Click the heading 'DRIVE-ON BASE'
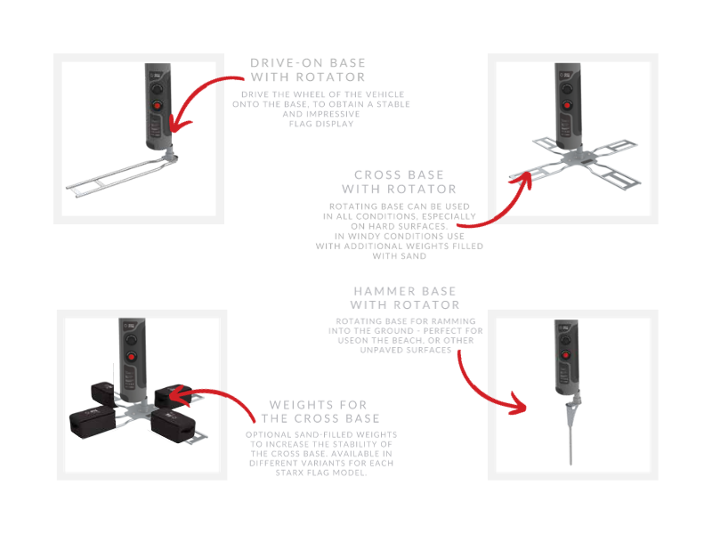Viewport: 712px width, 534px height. pos(308,62)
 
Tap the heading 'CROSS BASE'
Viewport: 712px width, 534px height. pos(399,174)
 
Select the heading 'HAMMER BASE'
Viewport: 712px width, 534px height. pos(405,291)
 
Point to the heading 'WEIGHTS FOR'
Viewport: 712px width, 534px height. pos(318,405)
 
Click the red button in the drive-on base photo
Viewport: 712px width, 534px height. pos(158,106)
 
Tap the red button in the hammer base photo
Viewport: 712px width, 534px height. pos(566,354)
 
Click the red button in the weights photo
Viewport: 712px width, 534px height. pos(131,357)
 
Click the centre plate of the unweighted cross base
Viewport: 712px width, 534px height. pos(577,159)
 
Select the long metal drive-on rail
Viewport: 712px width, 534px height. pos(120,177)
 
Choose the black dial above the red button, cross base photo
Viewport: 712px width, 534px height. pos(567,88)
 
